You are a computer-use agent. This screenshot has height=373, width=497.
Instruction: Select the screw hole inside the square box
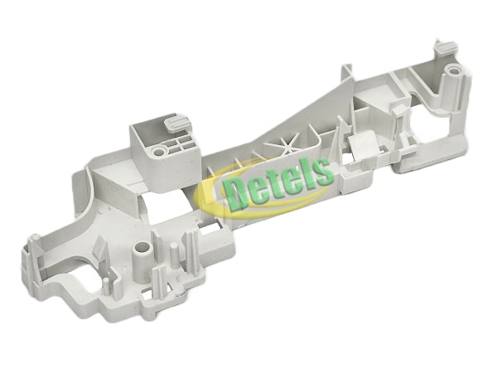click(159, 152)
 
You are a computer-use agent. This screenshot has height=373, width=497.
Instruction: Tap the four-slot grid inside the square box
click(180, 143)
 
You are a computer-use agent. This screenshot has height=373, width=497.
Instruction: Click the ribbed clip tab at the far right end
click(446, 47)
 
